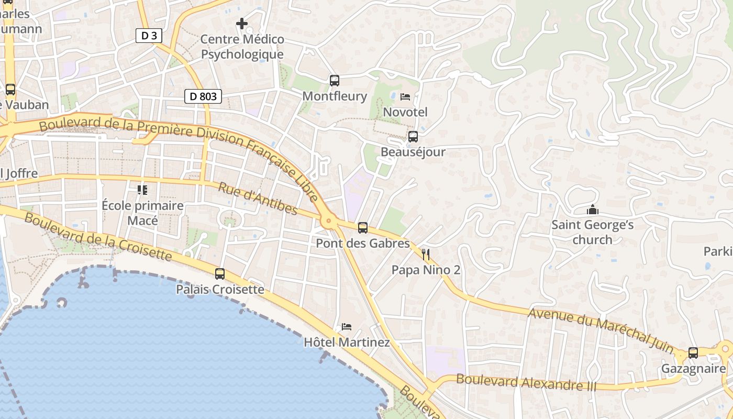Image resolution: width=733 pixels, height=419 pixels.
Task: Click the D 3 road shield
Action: (149, 36)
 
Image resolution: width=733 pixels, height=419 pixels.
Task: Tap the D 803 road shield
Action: (203, 96)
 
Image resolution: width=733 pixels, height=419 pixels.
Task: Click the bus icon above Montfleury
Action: (335, 81)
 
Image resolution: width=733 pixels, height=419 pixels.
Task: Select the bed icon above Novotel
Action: (405, 97)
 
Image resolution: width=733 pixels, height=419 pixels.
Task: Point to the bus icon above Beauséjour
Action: (413, 137)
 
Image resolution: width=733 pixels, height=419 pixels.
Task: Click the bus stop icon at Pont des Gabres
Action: (363, 228)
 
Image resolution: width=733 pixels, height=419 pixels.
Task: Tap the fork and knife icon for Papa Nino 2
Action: (426, 255)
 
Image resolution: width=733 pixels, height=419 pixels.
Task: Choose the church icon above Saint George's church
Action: (593, 210)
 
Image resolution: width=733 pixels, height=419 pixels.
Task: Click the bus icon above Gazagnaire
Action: (693, 353)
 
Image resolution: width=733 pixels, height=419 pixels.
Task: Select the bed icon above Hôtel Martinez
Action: (347, 327)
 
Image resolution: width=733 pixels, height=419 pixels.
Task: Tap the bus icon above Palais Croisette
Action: (220, 274)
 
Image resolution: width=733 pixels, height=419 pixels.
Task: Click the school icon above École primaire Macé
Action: (142, 190)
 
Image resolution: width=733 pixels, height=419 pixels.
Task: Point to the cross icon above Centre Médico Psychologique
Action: (242, 24)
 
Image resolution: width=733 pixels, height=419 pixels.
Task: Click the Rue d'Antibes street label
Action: (257, 199)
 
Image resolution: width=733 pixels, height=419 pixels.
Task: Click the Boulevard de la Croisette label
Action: (98, 237)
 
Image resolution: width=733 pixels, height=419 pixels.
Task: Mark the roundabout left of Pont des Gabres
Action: (329, 221)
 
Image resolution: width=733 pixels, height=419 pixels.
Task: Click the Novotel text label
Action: (405, 112)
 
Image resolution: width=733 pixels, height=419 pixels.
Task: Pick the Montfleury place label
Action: (335, 96)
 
